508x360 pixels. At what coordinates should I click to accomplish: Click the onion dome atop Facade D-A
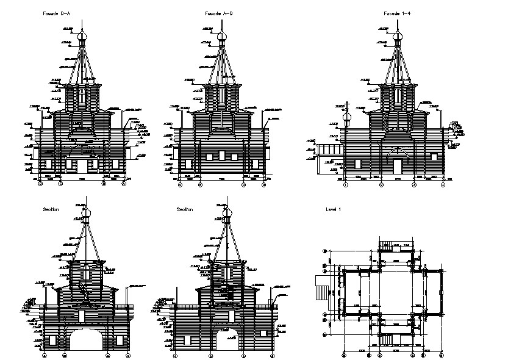82,37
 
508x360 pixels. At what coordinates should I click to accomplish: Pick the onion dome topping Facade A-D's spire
223,37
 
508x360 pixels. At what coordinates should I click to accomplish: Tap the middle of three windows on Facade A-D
223,157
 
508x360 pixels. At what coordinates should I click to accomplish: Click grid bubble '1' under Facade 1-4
345,184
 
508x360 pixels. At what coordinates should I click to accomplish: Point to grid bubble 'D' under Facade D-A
41,183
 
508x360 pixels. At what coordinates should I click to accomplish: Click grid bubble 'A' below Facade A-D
181,184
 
